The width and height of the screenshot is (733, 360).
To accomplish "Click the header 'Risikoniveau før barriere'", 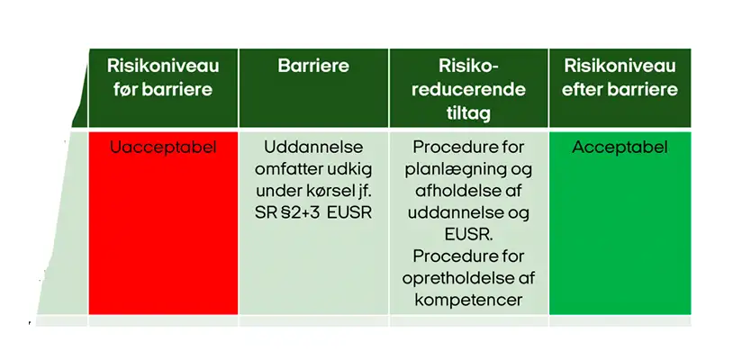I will [163, 77].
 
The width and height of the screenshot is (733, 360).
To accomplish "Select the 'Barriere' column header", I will [313, 66].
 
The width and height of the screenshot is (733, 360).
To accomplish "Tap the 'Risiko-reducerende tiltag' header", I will [468, 89].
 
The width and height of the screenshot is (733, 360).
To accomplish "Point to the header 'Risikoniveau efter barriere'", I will [620, 77].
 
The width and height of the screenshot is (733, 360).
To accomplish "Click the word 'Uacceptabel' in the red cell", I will [163, 148].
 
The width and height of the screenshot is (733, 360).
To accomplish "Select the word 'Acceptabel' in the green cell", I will [620, 148].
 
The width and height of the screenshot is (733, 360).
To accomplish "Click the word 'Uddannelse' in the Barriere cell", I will [313, 148].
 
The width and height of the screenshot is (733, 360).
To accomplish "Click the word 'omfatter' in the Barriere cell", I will [282, 169].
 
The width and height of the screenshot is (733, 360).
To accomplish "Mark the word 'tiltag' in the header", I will [468, 112].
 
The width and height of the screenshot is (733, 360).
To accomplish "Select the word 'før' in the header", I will [122, 89].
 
